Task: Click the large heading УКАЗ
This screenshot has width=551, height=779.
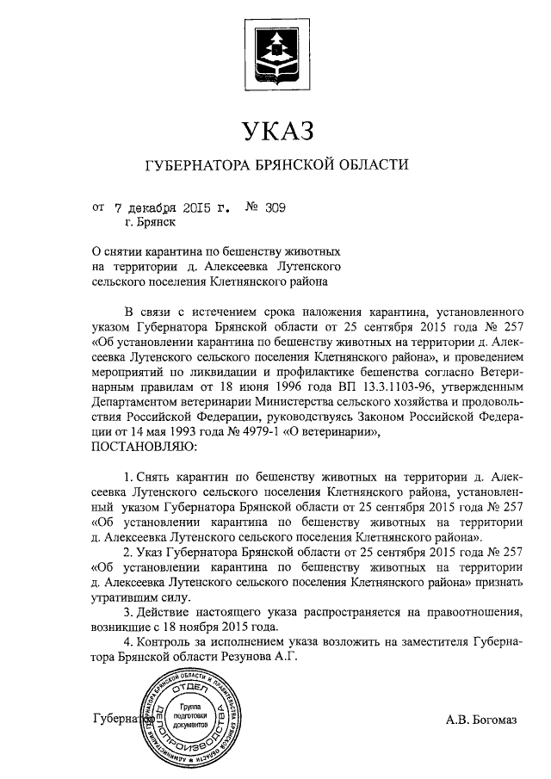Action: [x=275, y=131]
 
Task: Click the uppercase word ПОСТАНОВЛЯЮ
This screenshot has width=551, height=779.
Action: [x=144, y=448]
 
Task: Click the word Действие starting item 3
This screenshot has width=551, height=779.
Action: [x=165, y=612]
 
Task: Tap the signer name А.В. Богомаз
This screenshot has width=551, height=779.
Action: [x=480, y=719]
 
